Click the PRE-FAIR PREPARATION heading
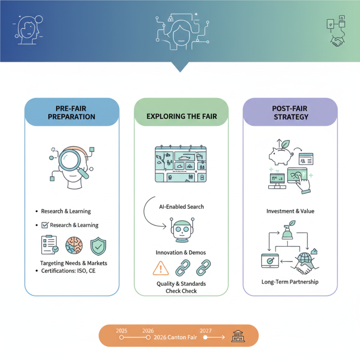pos(72,112)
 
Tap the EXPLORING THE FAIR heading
pos(181,116)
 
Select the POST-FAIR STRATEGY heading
pos(290,112)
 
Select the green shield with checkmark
pos(99,246)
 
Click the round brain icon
pos(74,246)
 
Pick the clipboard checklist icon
pos(49,245)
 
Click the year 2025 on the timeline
pos(121,331)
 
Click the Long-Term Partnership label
pos(290,282)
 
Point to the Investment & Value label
pos(290,211)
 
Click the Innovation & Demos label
pos(181,252)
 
